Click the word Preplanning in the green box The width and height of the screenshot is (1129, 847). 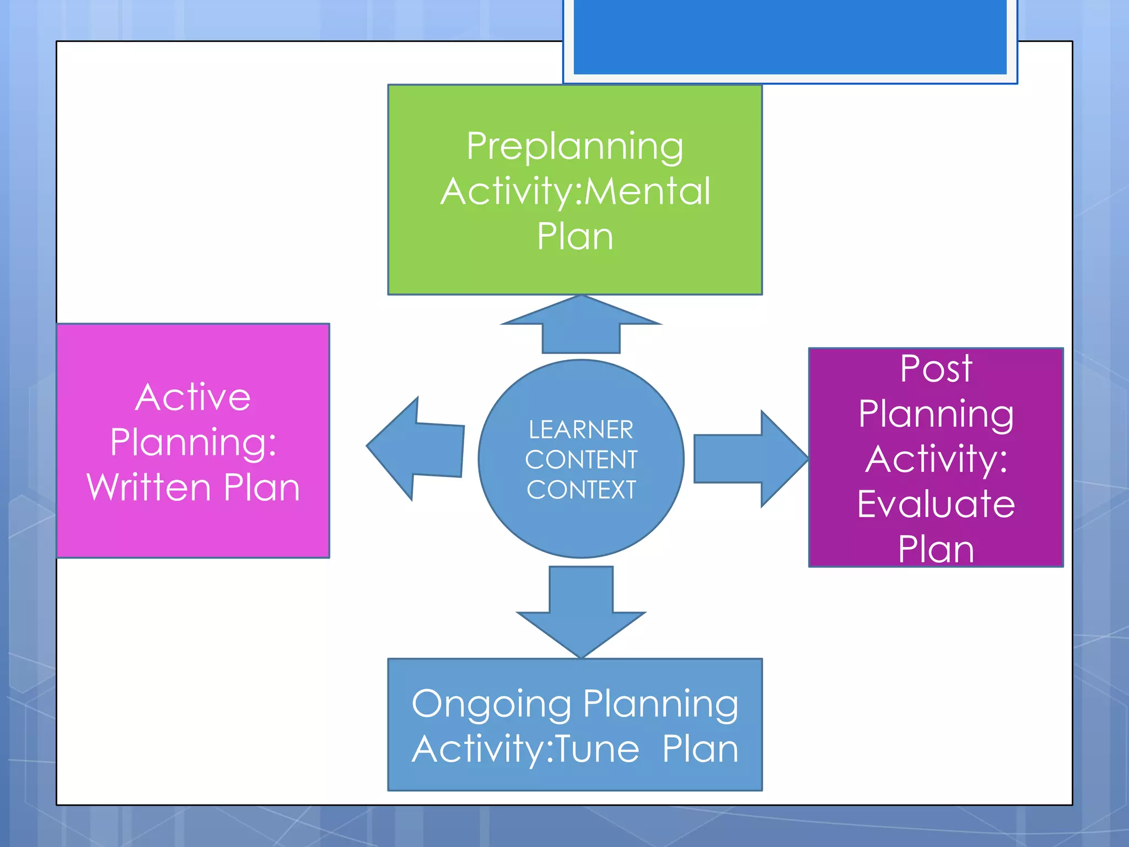click(x=575, y=147)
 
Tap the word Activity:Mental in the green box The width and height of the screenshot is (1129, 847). click(x=575, y=191)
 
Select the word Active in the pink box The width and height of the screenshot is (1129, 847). click(x=193, y=397)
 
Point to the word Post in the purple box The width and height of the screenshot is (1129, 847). click(x=936, y=368)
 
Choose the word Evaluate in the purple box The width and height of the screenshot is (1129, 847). click(x=936, y=504)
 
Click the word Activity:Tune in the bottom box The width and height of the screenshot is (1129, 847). click(x=526, y=749)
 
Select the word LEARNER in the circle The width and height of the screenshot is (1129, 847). click(x=581, y=430)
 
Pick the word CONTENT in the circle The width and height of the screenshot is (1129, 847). click(x=581, y=460)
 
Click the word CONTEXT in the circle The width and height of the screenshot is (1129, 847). click(x=581, y=490)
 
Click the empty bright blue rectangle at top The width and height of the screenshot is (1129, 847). click(x=790, y=36)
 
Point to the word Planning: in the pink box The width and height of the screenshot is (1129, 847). click(x=193, y=442)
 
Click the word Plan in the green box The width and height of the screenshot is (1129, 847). click(x=575, y=237)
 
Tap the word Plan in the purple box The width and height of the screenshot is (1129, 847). click(x=936, y=549)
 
